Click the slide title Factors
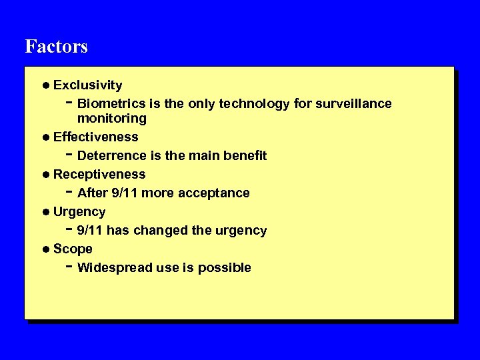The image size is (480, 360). [x=56, y=47]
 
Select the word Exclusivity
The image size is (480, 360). [x=87, y=85]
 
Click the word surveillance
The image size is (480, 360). [x=354, y=104]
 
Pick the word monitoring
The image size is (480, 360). [x=111, y=119]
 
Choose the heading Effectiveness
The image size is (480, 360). [x=95, y=137]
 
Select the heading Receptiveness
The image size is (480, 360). [x=99, y=175]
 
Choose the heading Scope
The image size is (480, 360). [x=73, y=249]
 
